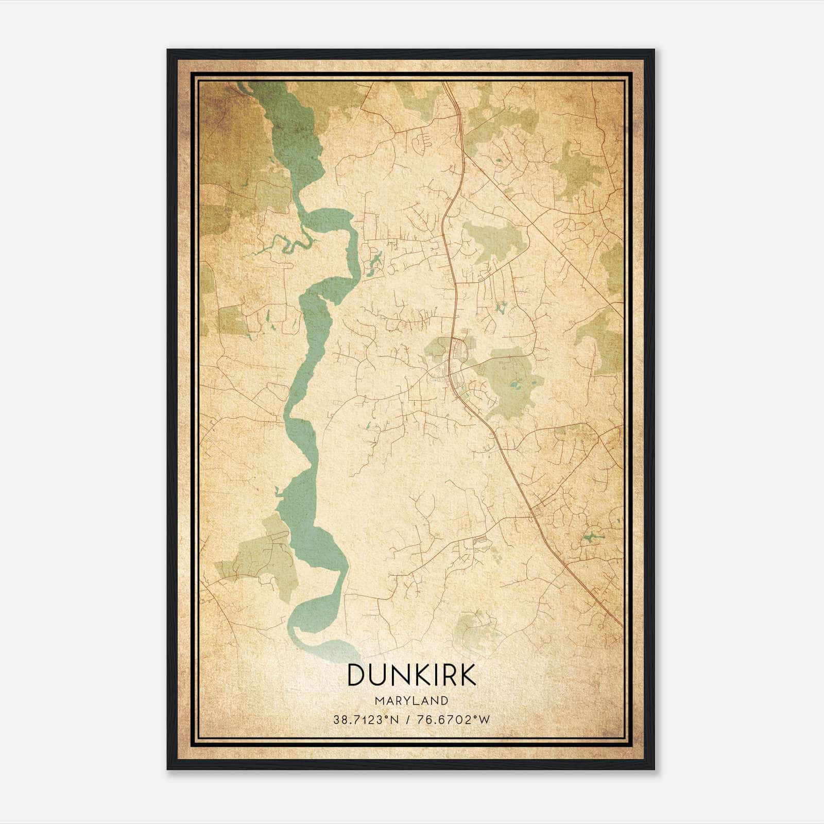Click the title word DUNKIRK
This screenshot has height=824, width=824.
tap(411, 675)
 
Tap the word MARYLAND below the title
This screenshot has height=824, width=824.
tap(411, 701)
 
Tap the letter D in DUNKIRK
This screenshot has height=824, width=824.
tap(356, 675)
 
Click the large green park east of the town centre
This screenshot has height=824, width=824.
tap(510, 379)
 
